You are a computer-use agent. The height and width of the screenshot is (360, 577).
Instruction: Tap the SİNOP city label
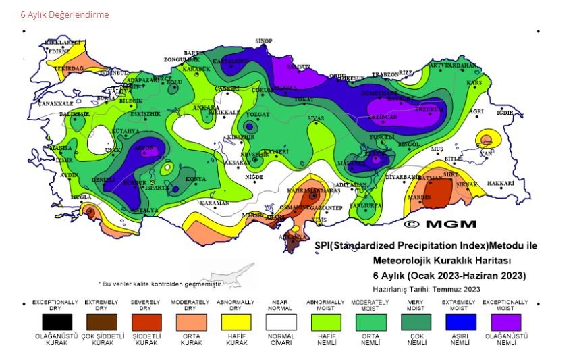pos(263,41)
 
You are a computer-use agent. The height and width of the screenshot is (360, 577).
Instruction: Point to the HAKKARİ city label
pos(500,183)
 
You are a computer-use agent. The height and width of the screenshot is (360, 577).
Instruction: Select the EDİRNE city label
pos(59,51)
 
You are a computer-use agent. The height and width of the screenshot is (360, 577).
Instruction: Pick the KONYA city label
pos(196,179)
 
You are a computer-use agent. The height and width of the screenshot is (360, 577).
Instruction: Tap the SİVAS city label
pos(316,118)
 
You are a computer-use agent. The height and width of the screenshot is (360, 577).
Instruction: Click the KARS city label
pos(475,82)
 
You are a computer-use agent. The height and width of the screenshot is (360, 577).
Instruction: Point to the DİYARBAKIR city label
pos(404,177)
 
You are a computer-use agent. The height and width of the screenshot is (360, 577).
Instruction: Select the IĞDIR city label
pos(505,113)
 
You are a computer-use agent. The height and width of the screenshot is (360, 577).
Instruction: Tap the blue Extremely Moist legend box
pos(459,322)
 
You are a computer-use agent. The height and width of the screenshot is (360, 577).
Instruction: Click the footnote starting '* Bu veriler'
pos(160,284)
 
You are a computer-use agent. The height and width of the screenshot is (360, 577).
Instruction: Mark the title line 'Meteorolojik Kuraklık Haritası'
pos(442,261)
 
